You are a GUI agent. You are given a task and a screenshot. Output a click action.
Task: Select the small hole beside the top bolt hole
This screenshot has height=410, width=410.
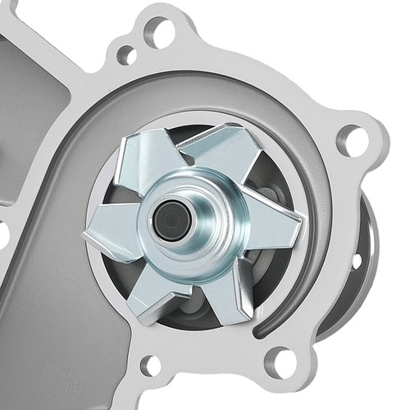126,55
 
